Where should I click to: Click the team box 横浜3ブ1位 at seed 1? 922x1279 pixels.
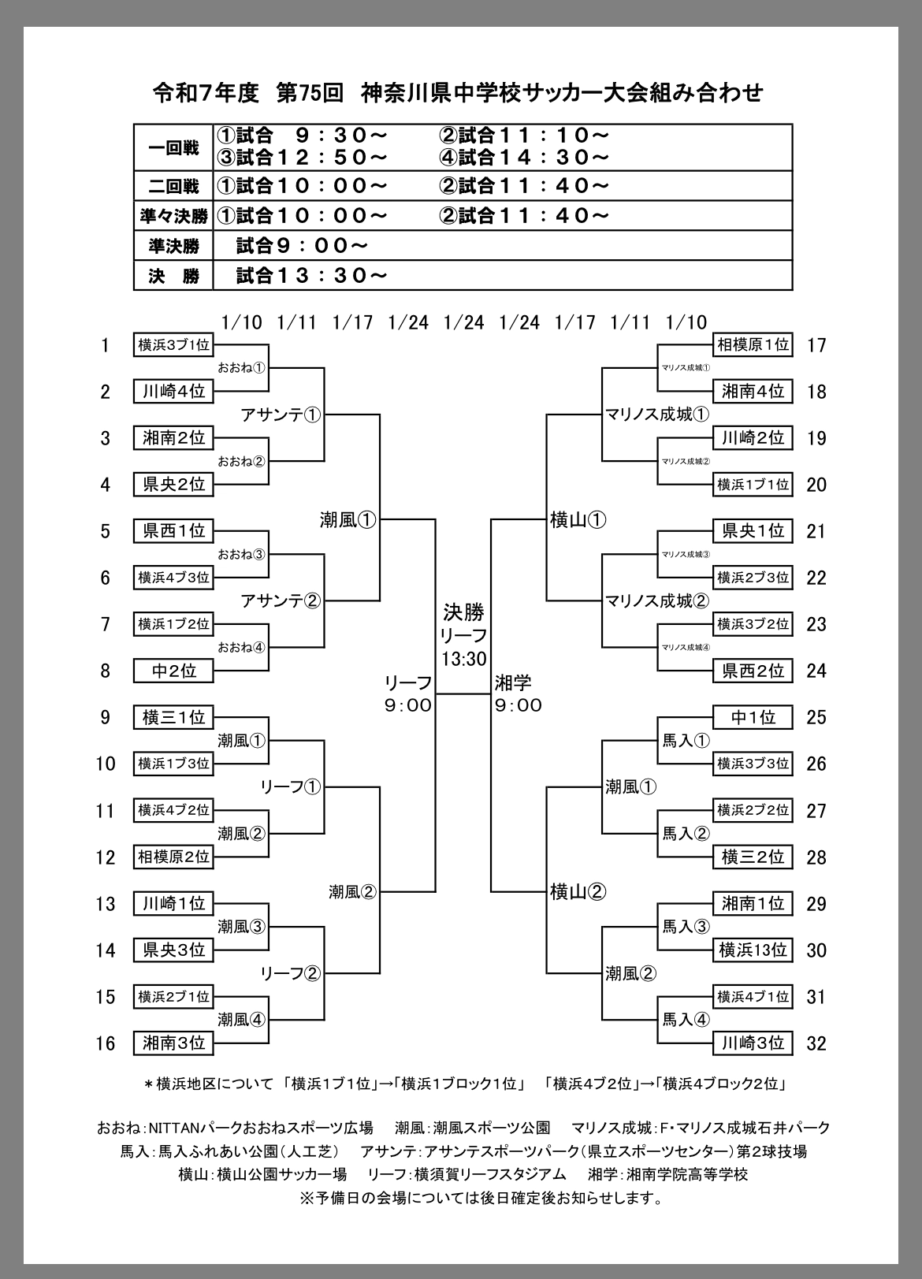(x=173, y=344)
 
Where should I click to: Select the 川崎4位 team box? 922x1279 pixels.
(x=173, y=391)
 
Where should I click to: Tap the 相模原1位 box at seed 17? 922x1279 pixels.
(x=753, y=344)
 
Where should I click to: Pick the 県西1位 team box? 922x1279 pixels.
(x=173, y=530)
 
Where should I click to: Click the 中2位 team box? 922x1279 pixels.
(x=173, y=671)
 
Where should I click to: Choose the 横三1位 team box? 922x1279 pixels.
(x=173, y=717)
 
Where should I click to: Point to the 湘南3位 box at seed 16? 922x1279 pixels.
(x=173, y=1043)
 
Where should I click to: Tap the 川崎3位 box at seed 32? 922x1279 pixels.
(x=753, y=1043)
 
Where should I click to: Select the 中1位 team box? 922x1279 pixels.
(x=753, y=717)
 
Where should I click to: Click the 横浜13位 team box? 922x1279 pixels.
(x=753, y=950)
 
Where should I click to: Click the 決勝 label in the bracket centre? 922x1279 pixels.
(x=463, y=612)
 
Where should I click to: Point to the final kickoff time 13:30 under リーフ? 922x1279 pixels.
(x=463, y=659)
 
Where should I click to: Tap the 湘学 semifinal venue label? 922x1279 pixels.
(x=513, y=682)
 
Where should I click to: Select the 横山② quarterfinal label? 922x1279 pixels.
(x=578, y=891)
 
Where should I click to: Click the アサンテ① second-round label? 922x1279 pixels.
(x=281, y=415)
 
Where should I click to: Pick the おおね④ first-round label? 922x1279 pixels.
(x=242, y=647)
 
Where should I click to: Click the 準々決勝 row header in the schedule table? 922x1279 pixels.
(x=173, y=216)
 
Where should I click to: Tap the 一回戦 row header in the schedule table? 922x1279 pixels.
(x=173, y=147)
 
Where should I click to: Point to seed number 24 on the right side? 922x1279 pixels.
(x=816, y=671)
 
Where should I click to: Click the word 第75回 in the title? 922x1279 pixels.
(x=310, y=93)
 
